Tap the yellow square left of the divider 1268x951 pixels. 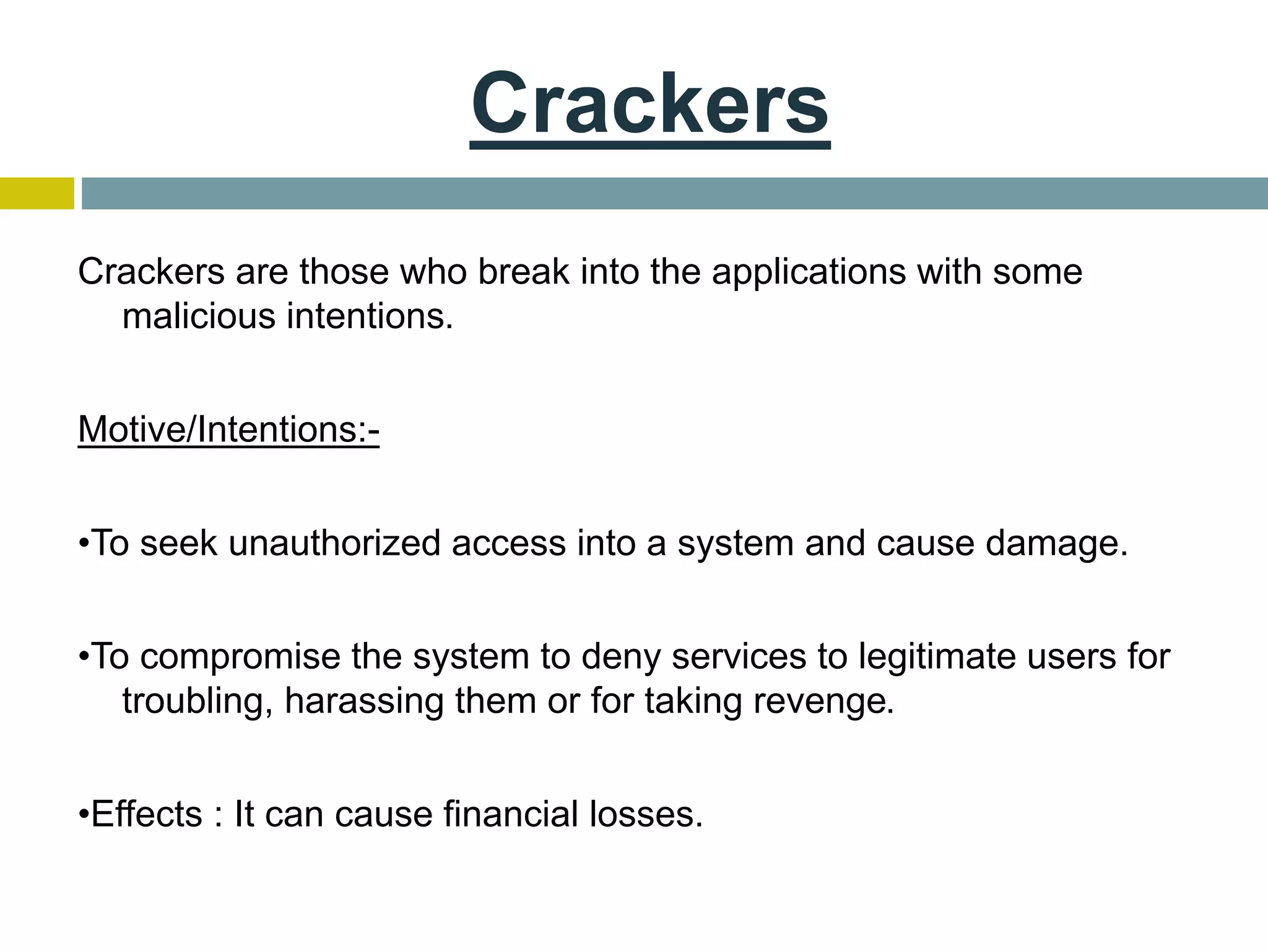(37, 193)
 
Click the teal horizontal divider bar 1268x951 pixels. (674, 193)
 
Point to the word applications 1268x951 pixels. (809, 272)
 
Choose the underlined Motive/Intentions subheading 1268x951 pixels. (228, 429)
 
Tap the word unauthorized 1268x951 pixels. (335, 543)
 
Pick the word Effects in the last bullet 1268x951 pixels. (147, 814)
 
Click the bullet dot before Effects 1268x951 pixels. (84, 815)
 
